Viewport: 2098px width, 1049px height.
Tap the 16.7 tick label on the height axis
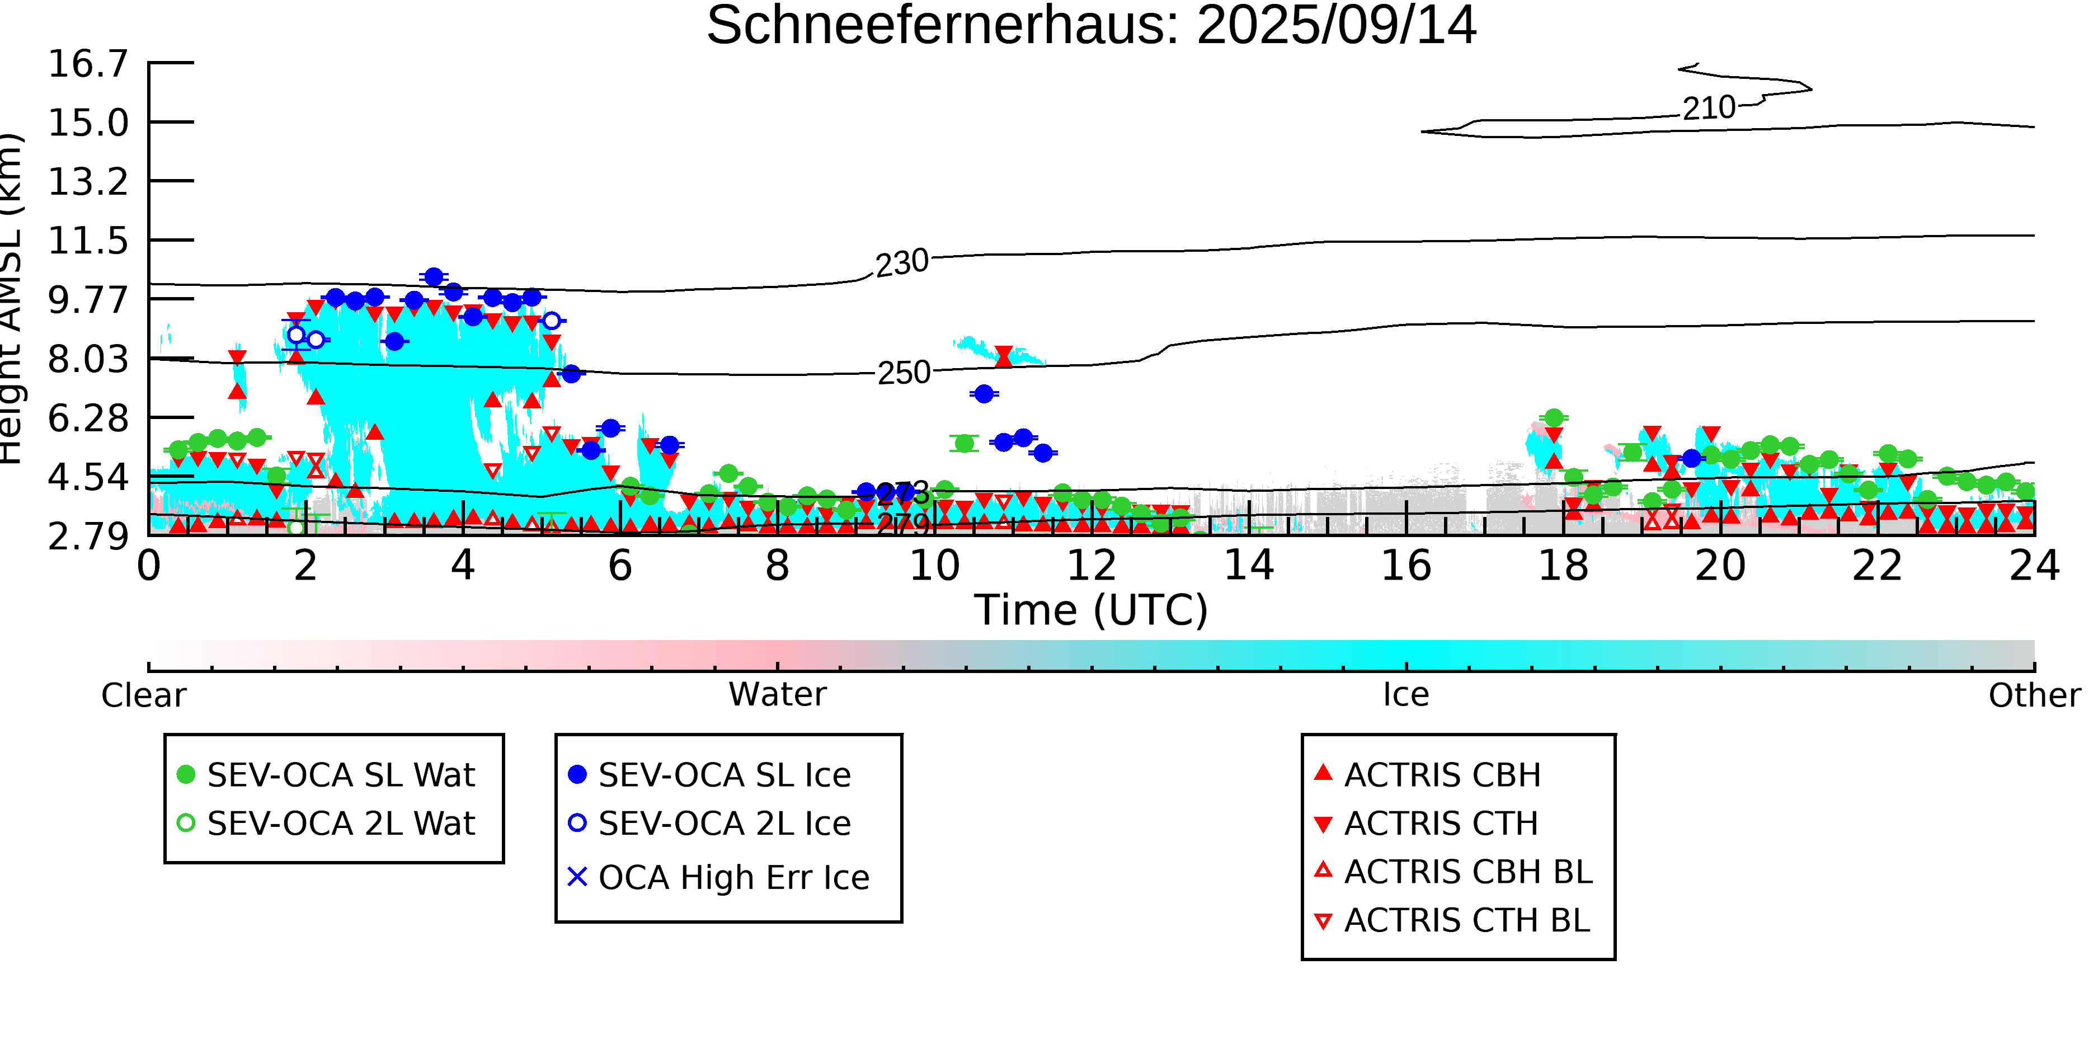[x=88, y=64]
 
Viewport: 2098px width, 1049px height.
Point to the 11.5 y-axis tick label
[x=88, y=242]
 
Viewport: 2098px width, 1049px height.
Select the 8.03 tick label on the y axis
[x=88, y=360]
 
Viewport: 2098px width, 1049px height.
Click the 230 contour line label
[x=902, y=263]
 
